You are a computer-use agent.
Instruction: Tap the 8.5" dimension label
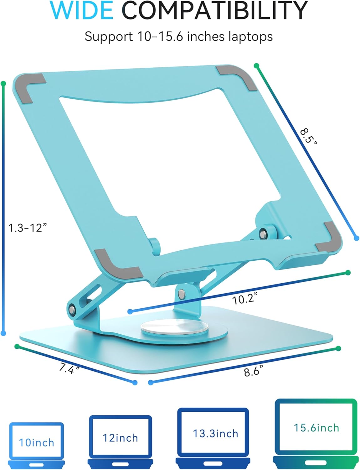[x=308, y=135]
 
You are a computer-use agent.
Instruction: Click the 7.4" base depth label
[x=69, y=368]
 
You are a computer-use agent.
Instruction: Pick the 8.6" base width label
[x=253, y=371]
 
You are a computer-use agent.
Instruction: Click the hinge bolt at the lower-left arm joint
[x=72, y=310]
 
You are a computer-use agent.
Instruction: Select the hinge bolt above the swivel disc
[x=181, y=294]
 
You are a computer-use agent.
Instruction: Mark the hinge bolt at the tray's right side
[x=264, y=233]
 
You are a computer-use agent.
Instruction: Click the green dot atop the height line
[x=3, y=84]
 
